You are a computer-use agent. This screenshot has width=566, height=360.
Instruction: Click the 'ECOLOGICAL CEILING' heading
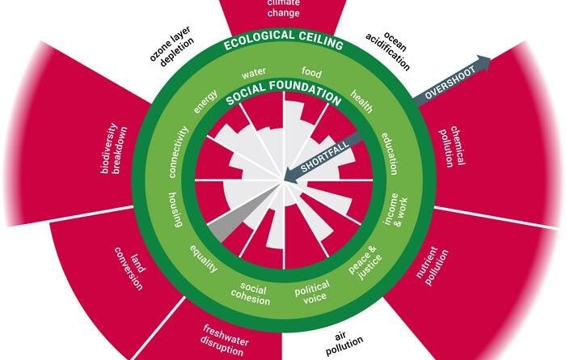coord(282,43)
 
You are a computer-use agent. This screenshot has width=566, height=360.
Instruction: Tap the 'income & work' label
coord(391,212)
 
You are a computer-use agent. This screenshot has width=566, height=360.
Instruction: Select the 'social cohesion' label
coord(254,290)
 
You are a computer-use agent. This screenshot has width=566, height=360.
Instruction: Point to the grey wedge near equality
coord(230,223)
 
